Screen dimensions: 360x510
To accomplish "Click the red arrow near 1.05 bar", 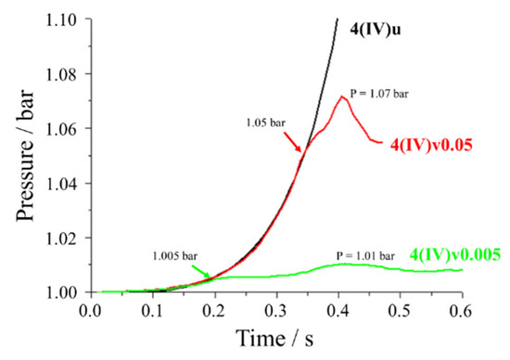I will (x=296, y=141).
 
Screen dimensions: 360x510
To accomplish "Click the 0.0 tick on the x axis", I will (x=90, y=311).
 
